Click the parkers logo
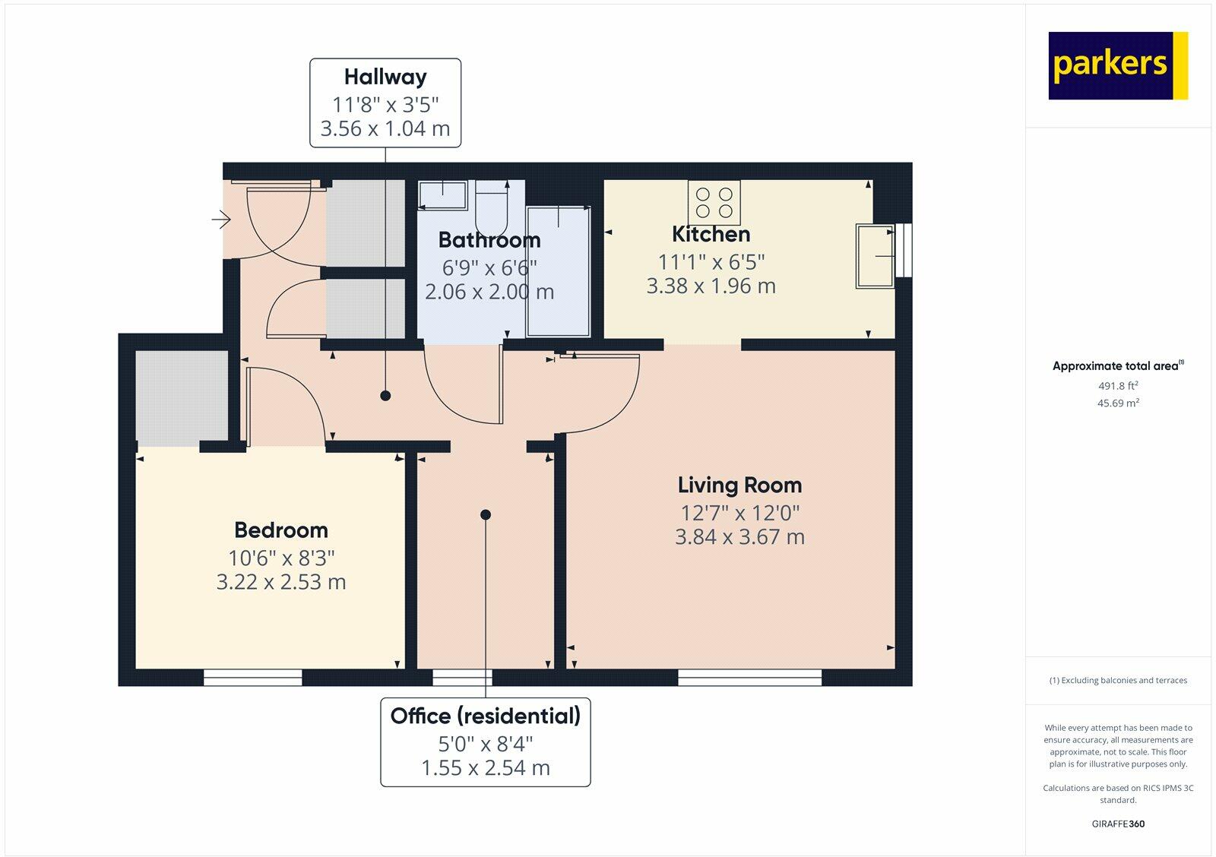pyautogui.click(x=1118, y=65)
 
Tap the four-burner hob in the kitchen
pyautogui.click(x=714, y=202)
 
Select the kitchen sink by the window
pyautogui.click(x=875, y=255)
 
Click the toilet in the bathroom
pyautogui.click(x=491, y=208)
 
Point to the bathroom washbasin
pyautogui.click(x=442, y=195)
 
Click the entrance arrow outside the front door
pyautogui.click(x=221, y=220)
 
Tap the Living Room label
pyautogui.click(x=739, y=485)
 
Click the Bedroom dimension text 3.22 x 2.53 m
pyautogui.click(x=281, y=582)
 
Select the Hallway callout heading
pyautogui.click(x=385, y=77)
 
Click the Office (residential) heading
pyautogui.click(x=486, y=716)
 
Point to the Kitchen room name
pyautogui.click(x=711, y=234)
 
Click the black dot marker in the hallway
pyautogui.click(x=385, y=396)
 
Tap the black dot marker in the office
pyautogui.click(x=486, y=514)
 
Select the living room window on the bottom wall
pyautogui.click(x=749, y=678)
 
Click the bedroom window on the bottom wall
pyautogui.click(x=252, y=678)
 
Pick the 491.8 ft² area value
pyautogui.click(x=1118, y=386)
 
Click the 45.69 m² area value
pyautogui.click(x=1118, y=403)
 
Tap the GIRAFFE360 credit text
pyautogui.click(x=1118, y=824)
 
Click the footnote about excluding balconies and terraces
pyautogui.click(x=1118, y=680)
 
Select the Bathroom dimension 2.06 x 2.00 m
pyautogui.click(x=489, y=292)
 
